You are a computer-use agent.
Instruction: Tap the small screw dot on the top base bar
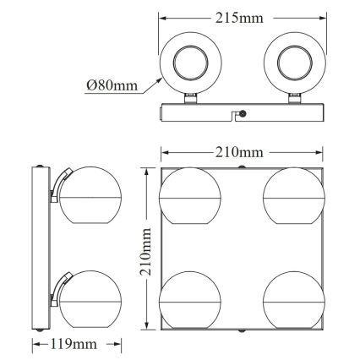(x=245, y=112)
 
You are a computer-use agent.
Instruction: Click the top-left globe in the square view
(x=186, y=197)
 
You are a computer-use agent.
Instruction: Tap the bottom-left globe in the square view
(x=186, y=298)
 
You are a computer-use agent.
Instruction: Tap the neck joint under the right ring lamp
(x=296, y=99)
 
